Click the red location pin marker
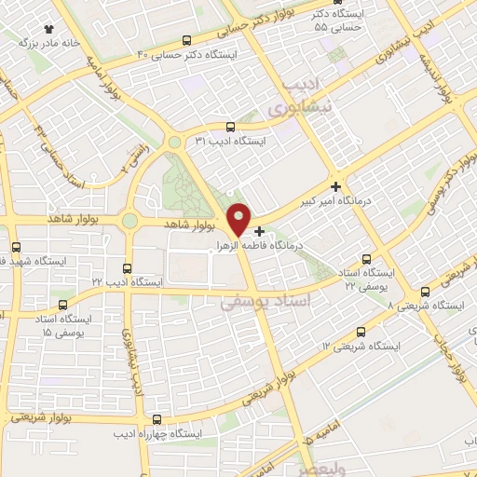coord(239,218)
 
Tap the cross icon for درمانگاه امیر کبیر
coord(336,185)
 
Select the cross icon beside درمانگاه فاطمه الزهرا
coord(259,230)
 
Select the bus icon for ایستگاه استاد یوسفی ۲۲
coord(365,260)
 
